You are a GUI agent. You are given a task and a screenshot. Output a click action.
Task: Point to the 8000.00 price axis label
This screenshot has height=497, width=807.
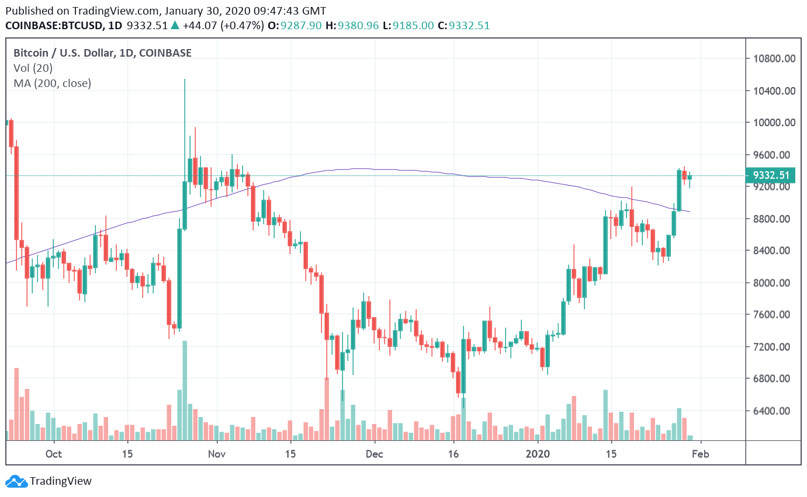click(775, 283)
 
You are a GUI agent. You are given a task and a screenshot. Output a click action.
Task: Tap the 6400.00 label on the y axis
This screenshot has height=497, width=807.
click(775, 411)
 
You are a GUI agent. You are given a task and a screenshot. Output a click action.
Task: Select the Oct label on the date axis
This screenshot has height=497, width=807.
click(53, 454)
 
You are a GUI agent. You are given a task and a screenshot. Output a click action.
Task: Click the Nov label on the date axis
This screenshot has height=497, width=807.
click(217, 454)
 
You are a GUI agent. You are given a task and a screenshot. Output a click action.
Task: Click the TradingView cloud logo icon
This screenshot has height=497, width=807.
click(16, 482)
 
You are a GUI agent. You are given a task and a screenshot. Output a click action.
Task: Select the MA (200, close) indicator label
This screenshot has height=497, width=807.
click(52, 84)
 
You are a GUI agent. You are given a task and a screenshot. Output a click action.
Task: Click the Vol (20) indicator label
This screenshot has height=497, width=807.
click(33, 68)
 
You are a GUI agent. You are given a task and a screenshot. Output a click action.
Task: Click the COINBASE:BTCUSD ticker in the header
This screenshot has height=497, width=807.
click(55, 26)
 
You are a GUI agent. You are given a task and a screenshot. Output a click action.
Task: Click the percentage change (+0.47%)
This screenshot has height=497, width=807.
click(241, 26)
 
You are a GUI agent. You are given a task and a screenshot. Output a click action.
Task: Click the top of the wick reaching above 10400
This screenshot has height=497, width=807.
click(185, 80)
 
